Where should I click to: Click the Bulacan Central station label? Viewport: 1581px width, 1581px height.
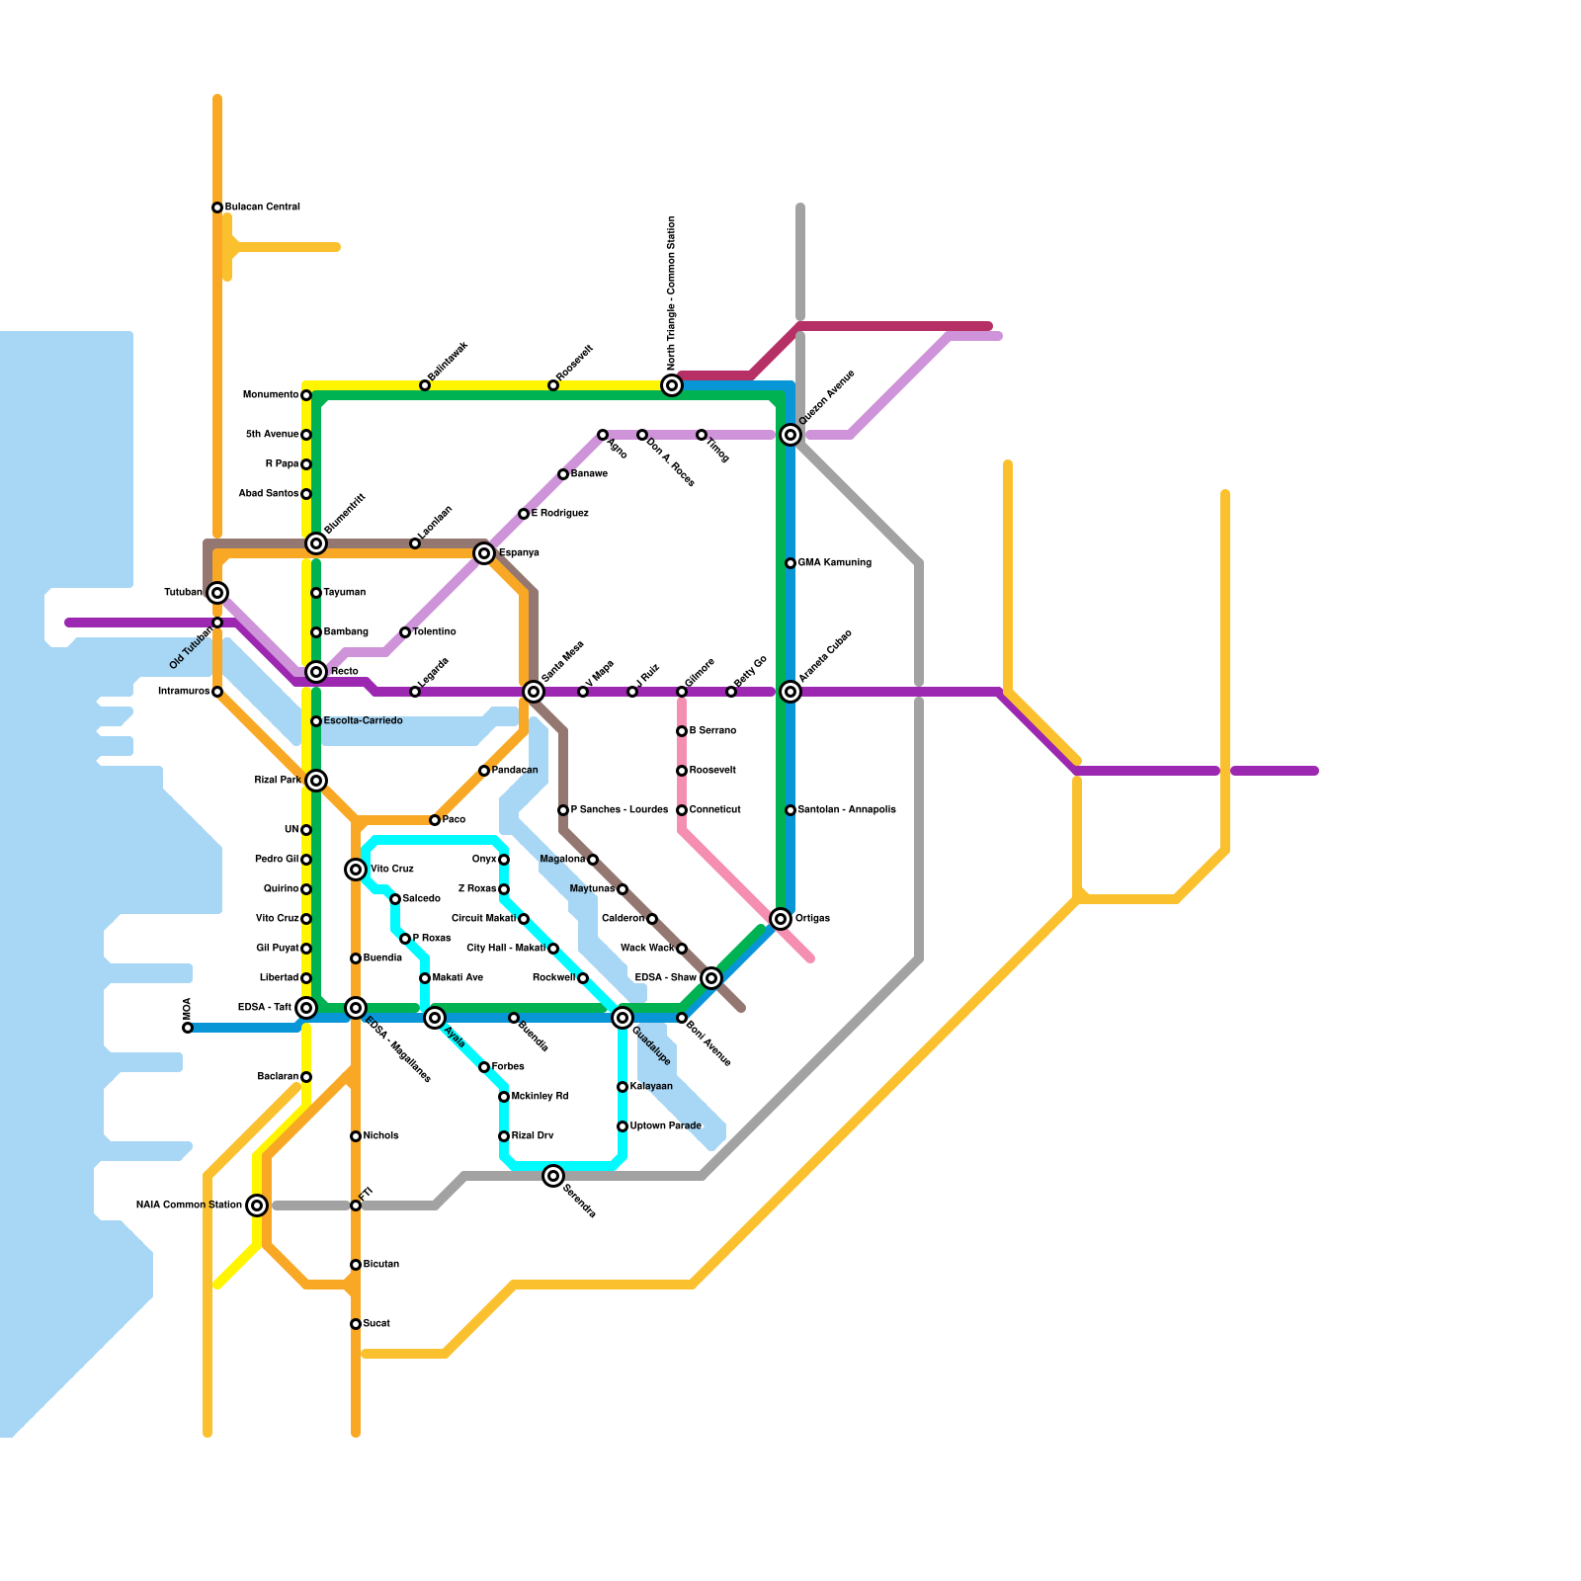pyautogui.click(x=262, y=208)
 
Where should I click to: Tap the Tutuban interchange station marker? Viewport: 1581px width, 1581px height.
pyautogui.click(x=217, y=593)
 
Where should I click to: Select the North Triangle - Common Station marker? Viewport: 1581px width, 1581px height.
pyautogui.click(x=672, y=385)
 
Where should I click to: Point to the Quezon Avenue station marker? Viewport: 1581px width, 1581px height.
pyautogui.click(x=790, y=435)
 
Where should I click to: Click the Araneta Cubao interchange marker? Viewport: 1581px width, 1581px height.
pyautogui.click(x=790, y=692)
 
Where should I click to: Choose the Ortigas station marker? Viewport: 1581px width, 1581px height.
pyautogui.click(x=781, y=919)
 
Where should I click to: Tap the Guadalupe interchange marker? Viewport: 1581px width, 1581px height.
pyautogui.click(x=622, y=1018)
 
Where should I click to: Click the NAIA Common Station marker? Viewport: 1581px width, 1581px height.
pyautogui.click(x=257, y=1206)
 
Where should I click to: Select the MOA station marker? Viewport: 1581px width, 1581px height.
pyautogui.click(x=188, y=1028)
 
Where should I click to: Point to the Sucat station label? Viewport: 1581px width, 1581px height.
pyautogui.click(x=376, y=1324)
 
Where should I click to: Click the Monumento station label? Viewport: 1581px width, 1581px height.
pyautogui.click(x=270, y=395)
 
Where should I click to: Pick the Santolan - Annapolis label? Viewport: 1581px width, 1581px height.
pyautogui.click(x=847, y=810)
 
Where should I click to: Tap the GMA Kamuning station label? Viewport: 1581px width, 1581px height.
pyautogui.click(x=834, y=563)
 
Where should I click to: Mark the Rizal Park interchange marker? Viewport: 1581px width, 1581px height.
pyautogui.click(x=315, y=781)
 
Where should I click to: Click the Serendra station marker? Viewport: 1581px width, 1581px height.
pyautogui.click(x=553, y=1176)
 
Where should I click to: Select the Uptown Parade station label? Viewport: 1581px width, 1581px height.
pyautogui.click(x=665, y=1126)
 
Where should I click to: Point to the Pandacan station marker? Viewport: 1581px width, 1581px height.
pyautogui.click(x=483, y=771)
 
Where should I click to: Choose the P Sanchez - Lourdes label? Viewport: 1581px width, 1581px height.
pyautogui.click(x=619, y=810)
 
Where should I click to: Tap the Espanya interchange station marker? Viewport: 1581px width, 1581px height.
pyautogui.click(x=483, y=553)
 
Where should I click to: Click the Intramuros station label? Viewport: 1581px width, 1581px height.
pyautogui.click(x=184, y=692)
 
